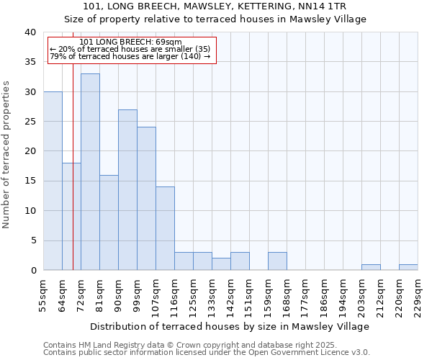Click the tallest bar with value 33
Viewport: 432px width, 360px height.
[x=90, y=172]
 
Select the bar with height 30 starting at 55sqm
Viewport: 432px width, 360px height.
[x=53, y=181]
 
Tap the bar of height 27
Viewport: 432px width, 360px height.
[x=127, y=190]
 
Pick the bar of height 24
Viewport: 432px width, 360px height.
[x=146, y=199]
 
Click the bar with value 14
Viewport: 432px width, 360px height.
[x=165, y=228]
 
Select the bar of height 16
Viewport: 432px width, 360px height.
[x=109, y=222]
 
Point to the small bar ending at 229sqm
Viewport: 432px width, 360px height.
[x=408, y=267]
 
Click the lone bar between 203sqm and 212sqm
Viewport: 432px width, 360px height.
[x=371, y=267]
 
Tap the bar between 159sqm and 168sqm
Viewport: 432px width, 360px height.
[x=277, y=261]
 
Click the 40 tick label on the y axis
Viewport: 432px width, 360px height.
[x=30, y=32]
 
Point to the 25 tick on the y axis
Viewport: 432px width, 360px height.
[x=30, y=122]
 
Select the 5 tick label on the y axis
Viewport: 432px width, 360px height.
[x=32, y=240]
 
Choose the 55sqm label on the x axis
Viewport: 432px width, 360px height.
[x=43, y=292]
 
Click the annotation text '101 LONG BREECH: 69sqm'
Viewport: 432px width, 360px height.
[x=130, y=42]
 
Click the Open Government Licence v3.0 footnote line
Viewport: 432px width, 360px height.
[x=207, y=353]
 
